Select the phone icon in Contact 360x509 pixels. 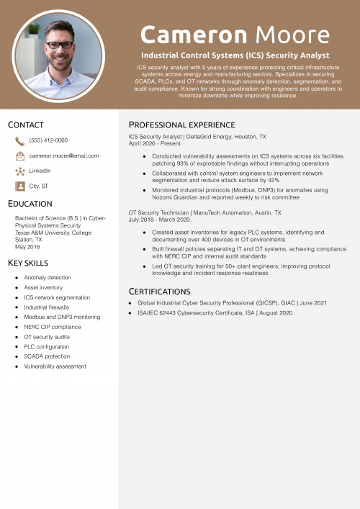coord(19,141)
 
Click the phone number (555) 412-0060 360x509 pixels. coord(48,140)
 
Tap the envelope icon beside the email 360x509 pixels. coord(19,156)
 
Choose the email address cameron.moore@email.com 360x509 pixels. coord(64,156)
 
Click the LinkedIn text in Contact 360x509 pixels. coord(40,171)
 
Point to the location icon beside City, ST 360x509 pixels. coord(19,186)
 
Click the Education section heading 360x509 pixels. coord(30,204)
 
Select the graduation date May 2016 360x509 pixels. coord(27,247)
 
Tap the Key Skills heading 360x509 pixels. coord(29,263)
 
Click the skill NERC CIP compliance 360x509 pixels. coord(53,327)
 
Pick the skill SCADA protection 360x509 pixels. coord(48,356)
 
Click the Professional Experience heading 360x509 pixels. coord(181,125)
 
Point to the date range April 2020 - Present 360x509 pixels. coord(155,143)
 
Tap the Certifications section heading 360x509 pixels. coord(160,291)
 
